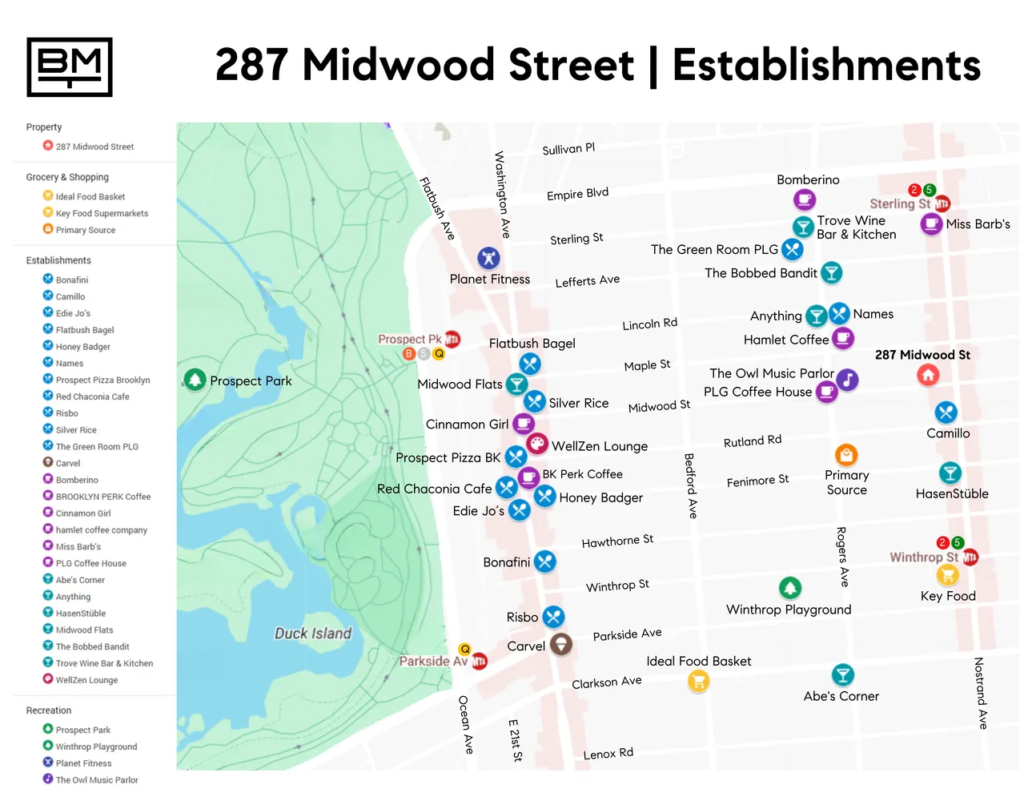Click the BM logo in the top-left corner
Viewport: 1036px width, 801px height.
pos(70,67)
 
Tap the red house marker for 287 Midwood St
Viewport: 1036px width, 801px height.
pos(928,375)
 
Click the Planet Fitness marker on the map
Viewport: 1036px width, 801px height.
pos(488,258)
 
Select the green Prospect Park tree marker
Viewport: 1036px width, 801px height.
pos(195,380)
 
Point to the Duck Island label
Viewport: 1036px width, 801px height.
pos(313,634)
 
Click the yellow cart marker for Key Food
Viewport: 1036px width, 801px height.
pos(947,575)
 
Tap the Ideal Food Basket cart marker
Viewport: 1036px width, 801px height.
pos(698,681)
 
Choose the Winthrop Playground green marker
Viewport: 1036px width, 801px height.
pos(790,588)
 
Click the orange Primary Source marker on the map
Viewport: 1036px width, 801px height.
pos(846,454)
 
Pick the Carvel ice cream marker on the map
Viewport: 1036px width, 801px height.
pos(561,644)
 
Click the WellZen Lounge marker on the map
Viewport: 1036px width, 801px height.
pos(536,444)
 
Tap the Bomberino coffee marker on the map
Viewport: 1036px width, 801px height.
pos(805,199)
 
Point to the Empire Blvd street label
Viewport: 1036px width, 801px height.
pos(577,195)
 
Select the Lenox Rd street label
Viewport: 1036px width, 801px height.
pos(608,754)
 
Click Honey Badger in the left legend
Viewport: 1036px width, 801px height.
pos(82,347)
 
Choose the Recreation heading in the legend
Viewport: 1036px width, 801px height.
pos(49,710)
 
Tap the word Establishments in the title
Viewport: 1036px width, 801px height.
pos(826,66)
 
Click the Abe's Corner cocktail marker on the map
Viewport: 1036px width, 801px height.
pos(842,674)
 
